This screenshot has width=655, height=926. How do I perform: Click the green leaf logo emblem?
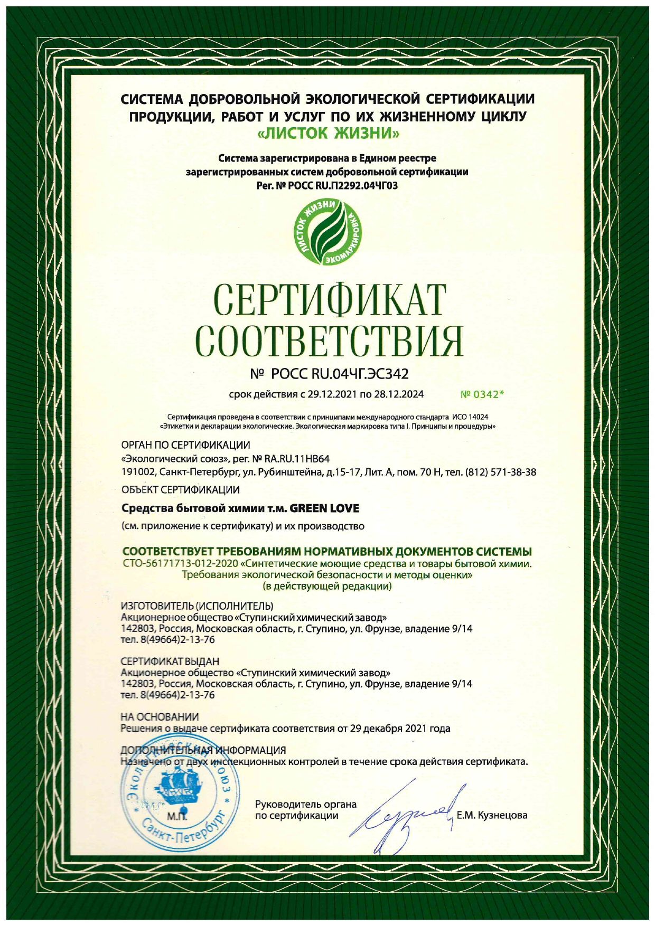327,232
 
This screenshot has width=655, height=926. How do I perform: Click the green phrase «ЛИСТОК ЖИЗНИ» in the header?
327,134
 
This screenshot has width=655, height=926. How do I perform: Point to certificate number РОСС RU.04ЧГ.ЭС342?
340,374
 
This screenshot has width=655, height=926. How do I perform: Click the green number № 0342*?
482,394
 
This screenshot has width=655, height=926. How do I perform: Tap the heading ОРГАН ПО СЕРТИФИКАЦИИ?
185,446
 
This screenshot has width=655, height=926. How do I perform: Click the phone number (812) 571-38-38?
500,472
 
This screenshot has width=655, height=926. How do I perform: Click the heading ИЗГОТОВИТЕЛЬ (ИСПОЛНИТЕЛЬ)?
197,606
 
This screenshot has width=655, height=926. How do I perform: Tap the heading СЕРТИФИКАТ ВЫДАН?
170,662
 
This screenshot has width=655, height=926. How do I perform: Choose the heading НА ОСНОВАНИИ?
160,717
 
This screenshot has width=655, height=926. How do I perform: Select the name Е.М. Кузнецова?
492,815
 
